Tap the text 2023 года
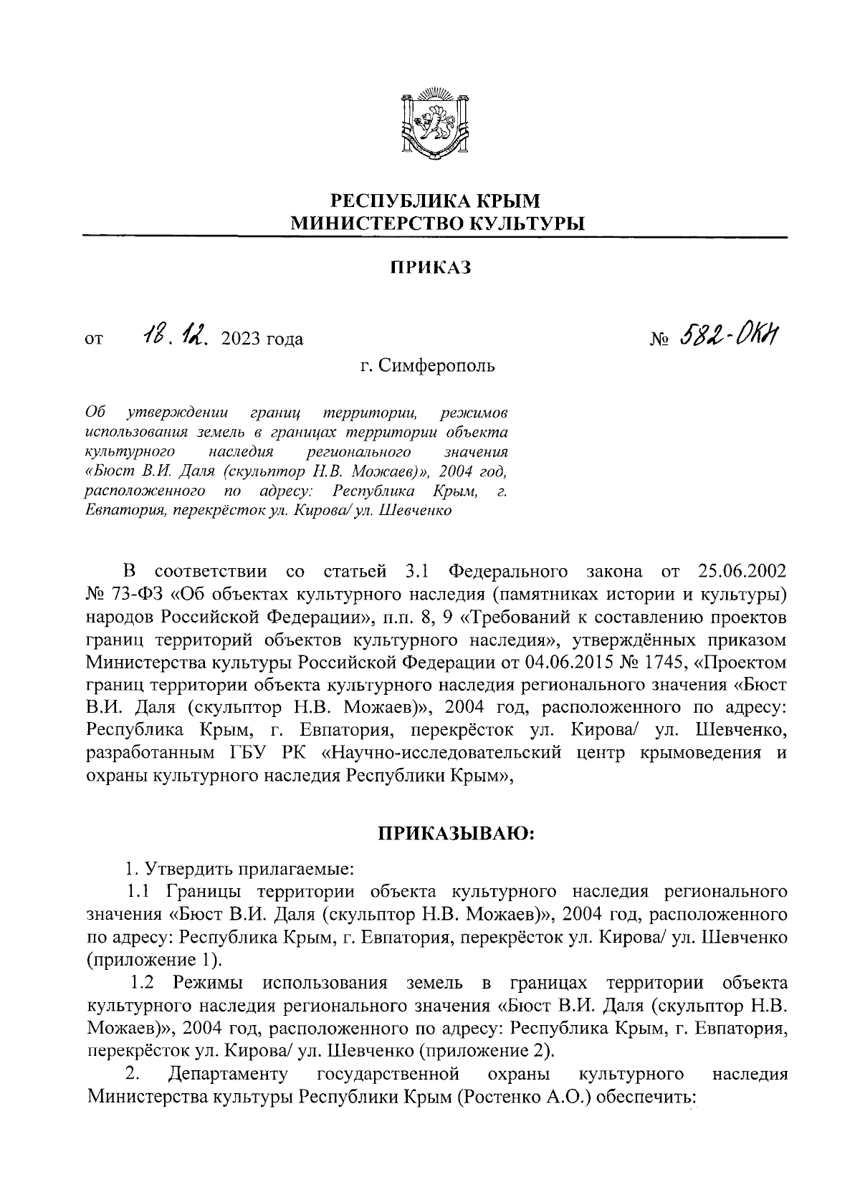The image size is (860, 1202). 263,339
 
